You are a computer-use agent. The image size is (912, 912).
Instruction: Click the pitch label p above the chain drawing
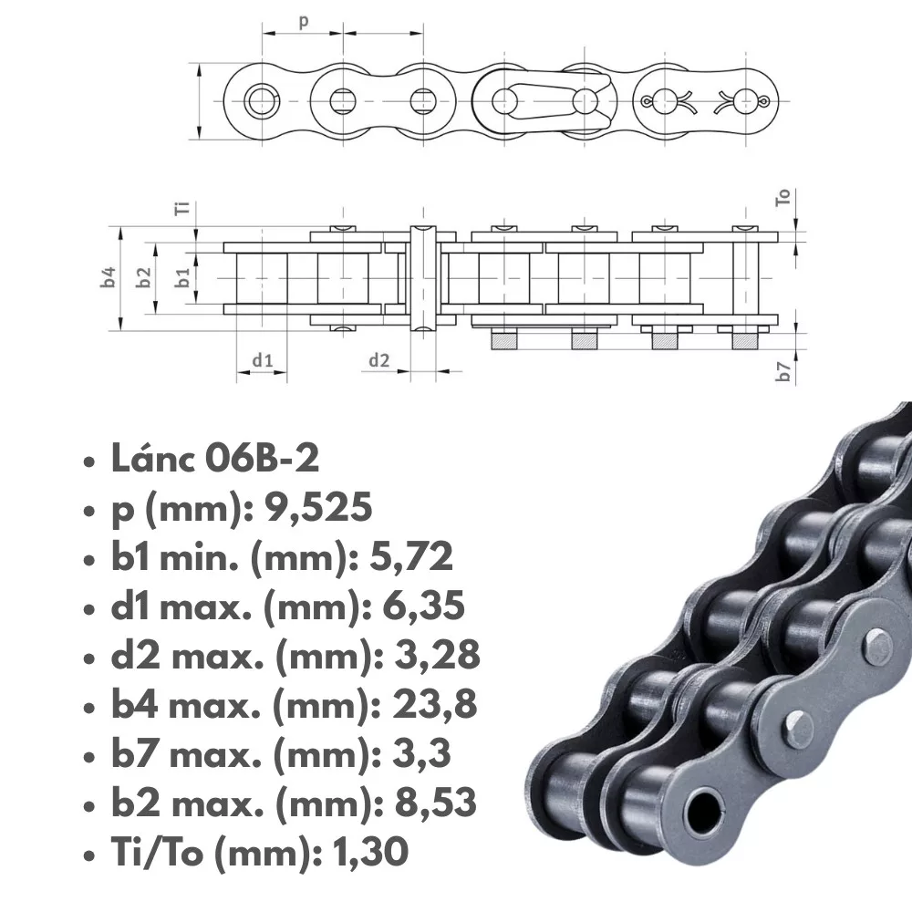[x=304, y=22]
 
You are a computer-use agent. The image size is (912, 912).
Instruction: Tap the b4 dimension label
[x=109, y=277]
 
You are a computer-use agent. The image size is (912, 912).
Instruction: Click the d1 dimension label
[x=263, y=360]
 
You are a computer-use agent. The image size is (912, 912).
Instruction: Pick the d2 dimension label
[x=379, y=360]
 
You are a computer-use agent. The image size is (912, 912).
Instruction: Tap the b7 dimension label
[x=784, y=371]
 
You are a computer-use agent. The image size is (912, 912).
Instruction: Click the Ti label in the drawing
[x=182, y=208]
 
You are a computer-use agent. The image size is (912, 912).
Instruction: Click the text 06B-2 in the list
[x=263, y=459]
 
